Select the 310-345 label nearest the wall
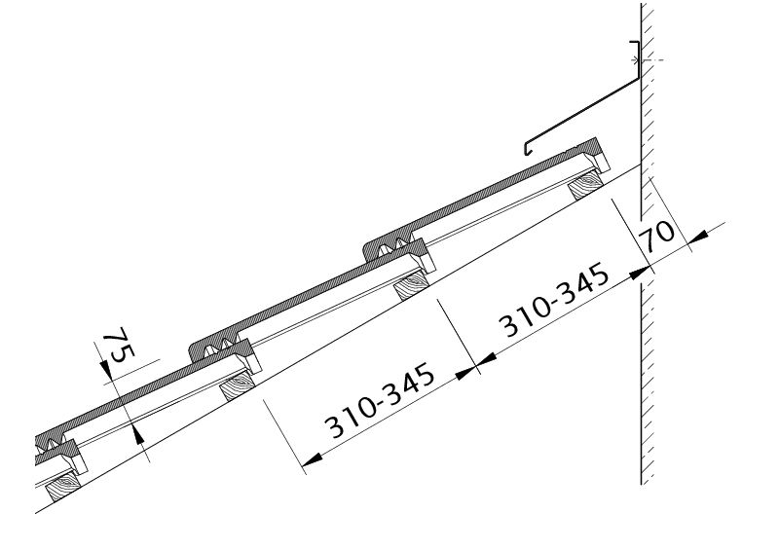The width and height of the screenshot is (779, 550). pyautogui.click(x=553, y=300)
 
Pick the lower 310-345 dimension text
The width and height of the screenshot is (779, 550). pyautogui.click(x=379, y=400)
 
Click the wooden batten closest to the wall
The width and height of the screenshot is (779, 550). pyautogui.click(x=586, y=185)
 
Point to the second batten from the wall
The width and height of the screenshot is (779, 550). pyautogui.click(x=412, y=285)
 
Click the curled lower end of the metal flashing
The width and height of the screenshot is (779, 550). pyautogui.click(x=528, y=148)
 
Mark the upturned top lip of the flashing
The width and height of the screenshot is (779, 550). pyautogui.click(x=636, y=50)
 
